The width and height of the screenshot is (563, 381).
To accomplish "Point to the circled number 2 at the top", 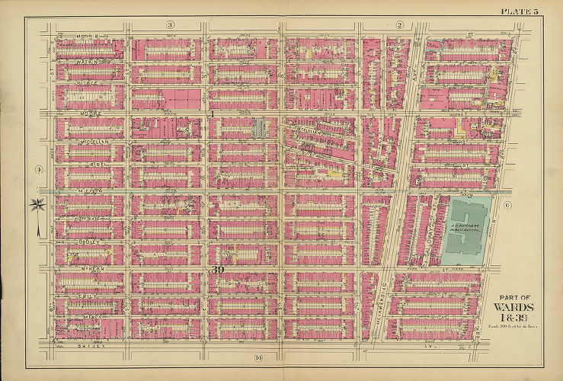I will point(398,26).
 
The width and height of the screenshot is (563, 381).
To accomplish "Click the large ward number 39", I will point(218,269).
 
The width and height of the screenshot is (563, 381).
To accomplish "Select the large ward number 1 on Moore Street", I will point(215,114).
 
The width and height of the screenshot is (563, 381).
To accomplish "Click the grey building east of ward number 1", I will point(259,129).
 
